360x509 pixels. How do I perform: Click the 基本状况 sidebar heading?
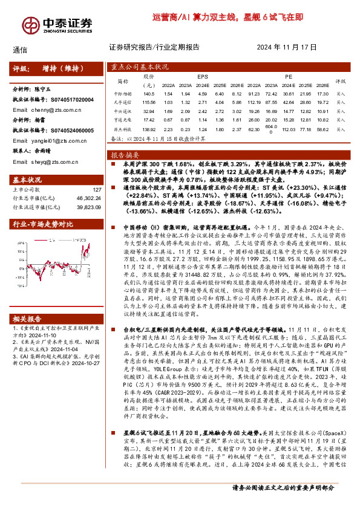[28, 180]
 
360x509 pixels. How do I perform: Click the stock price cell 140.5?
[149, 94]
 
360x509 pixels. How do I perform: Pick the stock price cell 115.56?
[149, 103]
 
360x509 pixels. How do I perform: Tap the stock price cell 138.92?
[149, 130]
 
